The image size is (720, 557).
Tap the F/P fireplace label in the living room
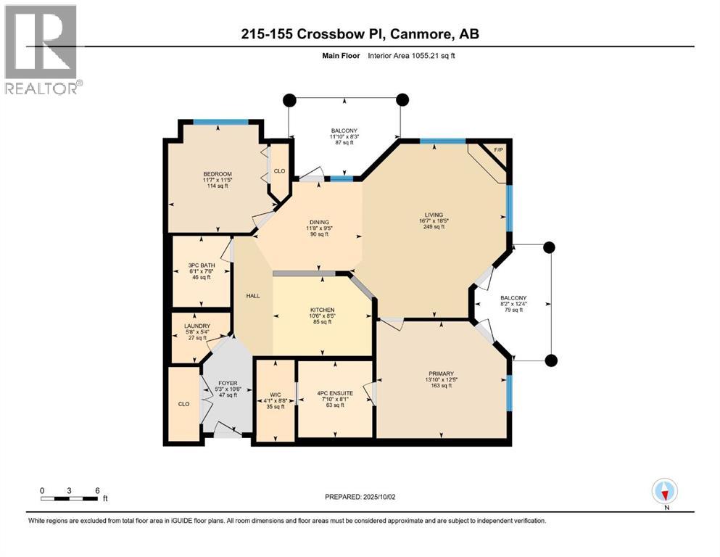pos(498,150)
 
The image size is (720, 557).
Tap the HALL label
pos(252,295)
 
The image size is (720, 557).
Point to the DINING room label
pos(319,222)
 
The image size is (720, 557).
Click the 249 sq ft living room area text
pos(434,226)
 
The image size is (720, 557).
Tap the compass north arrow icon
pos(664,492)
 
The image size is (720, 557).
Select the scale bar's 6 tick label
pos(96,490)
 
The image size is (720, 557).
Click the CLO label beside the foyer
pos(184,404)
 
